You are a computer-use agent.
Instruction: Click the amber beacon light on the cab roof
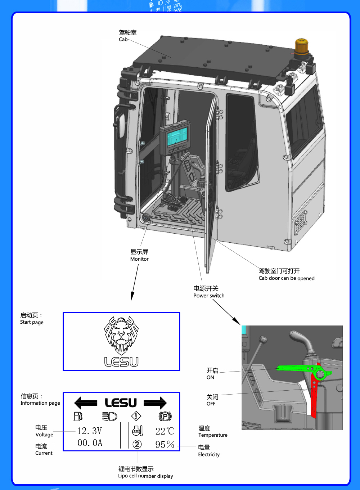coord(302,47)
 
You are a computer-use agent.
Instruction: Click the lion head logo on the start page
coord(121,335)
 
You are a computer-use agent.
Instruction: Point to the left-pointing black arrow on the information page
coord(85,403)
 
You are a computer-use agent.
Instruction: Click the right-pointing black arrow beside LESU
coord(156,403)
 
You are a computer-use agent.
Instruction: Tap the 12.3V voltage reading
coord(90,431)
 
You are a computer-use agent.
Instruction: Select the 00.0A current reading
coord(90,443)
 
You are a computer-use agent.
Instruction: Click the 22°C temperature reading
coord(165,431)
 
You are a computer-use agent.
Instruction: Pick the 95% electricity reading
coord(165,445)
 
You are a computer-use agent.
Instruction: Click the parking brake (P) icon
coord(165,417)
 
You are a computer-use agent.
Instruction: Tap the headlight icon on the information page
coord(110,417)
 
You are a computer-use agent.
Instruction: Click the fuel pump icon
coord(78,417)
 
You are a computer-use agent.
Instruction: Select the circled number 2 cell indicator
coord(137,444)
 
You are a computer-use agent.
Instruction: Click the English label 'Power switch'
coord(209,296)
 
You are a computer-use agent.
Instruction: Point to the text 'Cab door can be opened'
coord(287,278)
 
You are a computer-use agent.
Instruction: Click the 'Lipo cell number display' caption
coord(145,476)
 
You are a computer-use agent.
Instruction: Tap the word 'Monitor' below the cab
coord(139,259)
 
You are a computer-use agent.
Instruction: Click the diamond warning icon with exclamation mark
coord(136,416)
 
